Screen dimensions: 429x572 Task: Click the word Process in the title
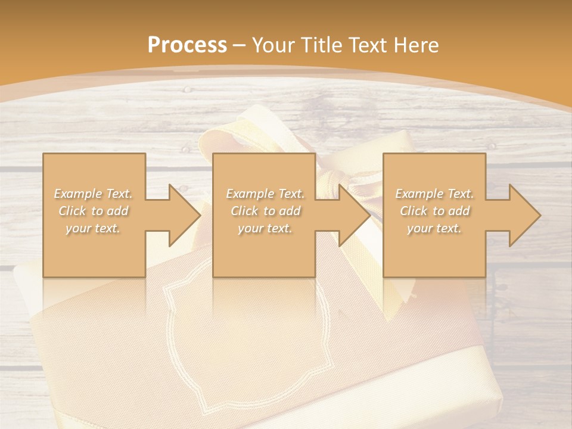pos(187,45)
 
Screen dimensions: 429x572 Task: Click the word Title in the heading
pos(318,45)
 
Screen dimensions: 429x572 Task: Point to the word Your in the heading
pos(272,45)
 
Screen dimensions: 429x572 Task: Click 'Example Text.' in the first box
pos(94,194)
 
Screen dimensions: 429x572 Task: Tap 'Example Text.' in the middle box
pos(265,194)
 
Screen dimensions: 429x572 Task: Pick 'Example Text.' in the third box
pos(434,194)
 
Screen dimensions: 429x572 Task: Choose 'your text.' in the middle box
pos(265,228)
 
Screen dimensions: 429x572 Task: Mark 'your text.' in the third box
pos(434,228)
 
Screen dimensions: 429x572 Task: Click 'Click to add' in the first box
pos(94,211)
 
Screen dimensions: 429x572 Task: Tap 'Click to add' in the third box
pos(435,211)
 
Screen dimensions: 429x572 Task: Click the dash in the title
pos(240,45)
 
